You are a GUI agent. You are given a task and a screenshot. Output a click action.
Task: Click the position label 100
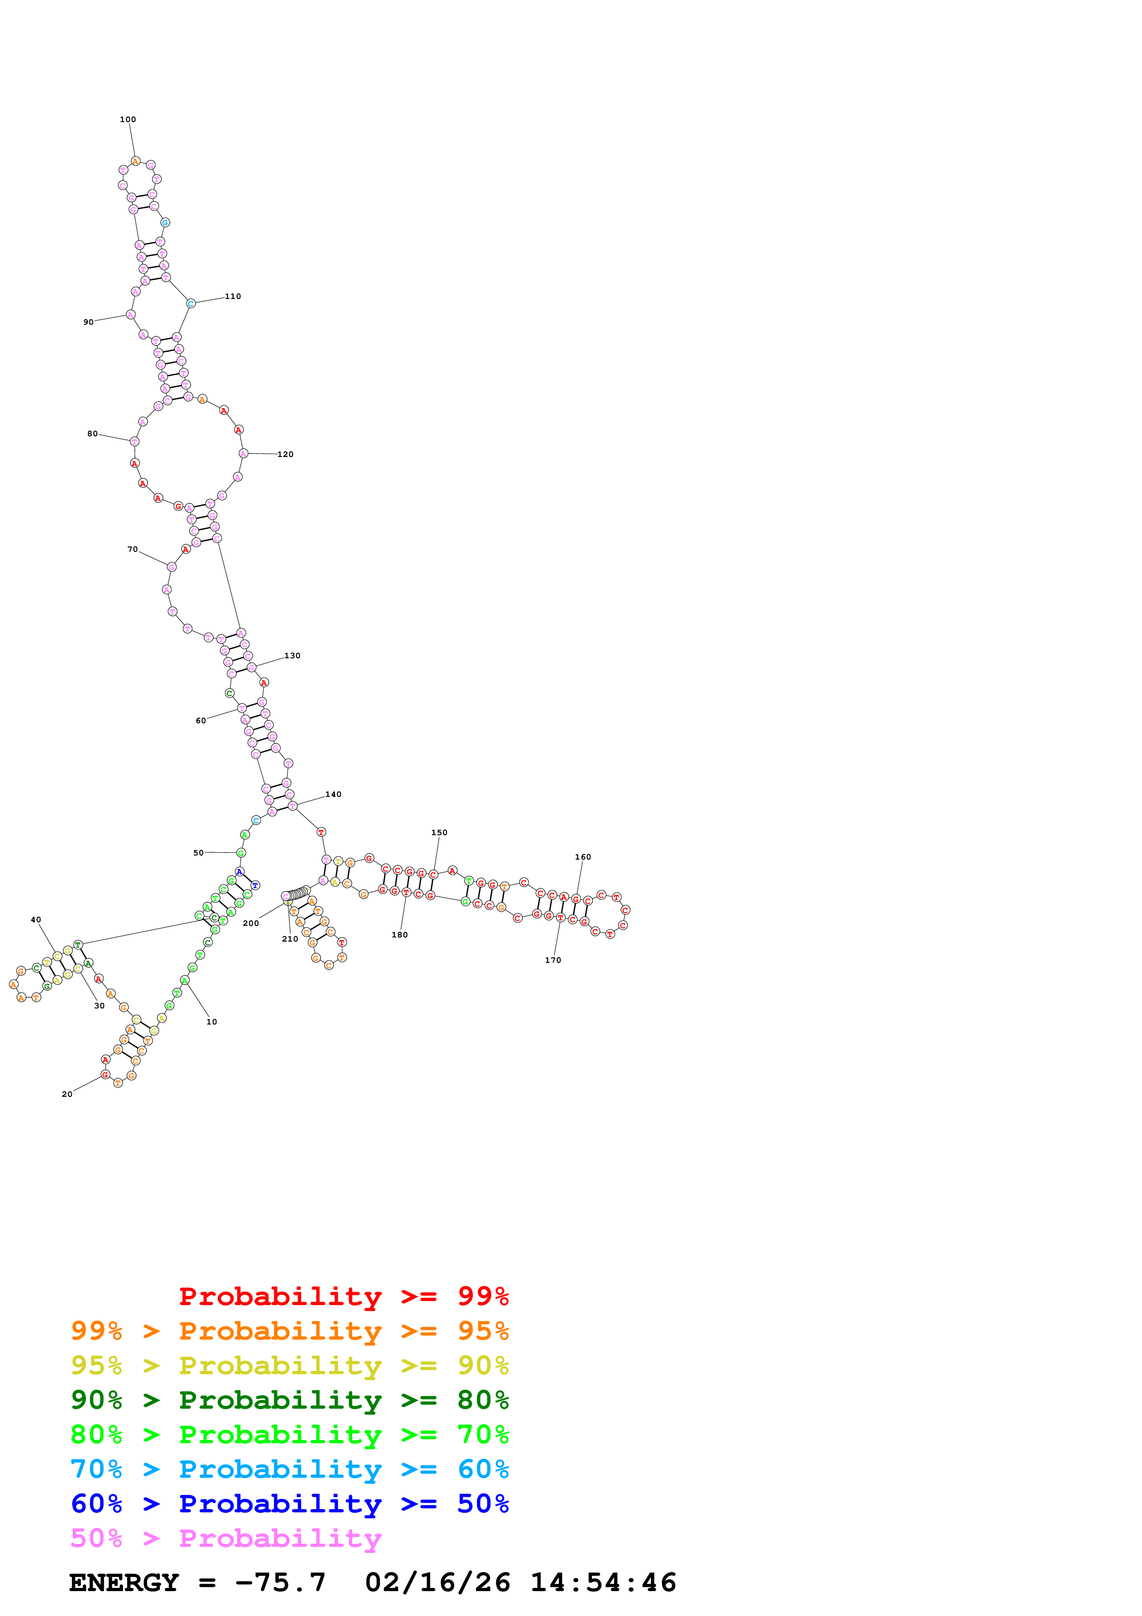point(127,120)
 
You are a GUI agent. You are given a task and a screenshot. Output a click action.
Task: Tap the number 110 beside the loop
point(233,296)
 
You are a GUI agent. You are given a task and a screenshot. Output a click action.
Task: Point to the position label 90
point(88,322)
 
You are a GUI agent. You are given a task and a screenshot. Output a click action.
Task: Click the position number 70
point(132,550)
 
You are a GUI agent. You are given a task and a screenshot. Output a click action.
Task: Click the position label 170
point(553,960)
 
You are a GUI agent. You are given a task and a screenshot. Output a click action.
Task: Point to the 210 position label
point(290,939)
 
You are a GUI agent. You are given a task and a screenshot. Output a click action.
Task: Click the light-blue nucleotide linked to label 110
point(191,304)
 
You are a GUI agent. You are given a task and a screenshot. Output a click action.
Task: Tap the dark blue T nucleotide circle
point(255,885)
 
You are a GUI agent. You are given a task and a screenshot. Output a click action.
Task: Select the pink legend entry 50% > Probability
point(226,1539)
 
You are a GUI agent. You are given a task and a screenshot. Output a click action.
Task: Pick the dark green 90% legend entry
point(289,1400)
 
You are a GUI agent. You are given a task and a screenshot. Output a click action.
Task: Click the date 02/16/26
point(438,1583)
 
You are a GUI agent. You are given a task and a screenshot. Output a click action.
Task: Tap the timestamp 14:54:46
point(603,1583)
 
